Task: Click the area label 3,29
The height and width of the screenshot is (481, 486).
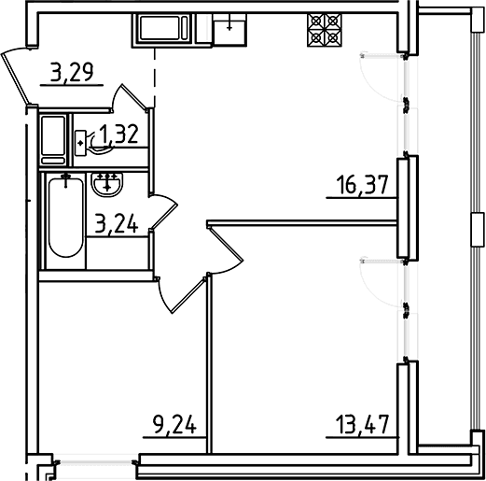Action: click(x=72, y=72)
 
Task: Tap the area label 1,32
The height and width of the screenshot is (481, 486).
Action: click(x=118, y=134)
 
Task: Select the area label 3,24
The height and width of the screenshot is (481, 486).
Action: click(x=117, y=223)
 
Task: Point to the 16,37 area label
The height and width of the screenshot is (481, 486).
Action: click(x=363, y=185)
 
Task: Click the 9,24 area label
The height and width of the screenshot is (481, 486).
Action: click(x=174, y=425)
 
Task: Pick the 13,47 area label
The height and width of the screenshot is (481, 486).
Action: click(x=363, y=425)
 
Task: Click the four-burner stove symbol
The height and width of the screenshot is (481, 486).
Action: click(x=324, y=30)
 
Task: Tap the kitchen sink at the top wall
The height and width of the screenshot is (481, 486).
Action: click(x=230, y=30)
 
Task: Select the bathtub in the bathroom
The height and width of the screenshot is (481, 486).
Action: click(x=65, y=216)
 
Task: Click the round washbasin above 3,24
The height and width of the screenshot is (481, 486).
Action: click(x=107, y=185)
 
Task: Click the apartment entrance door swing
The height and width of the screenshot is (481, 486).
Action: click(x=16, y=76)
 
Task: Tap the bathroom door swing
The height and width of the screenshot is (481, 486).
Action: click(x=163, y=212)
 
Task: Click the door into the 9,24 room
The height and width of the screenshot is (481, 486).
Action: click(x=182, y=294)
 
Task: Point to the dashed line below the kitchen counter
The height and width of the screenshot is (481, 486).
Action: click(x=155, y=78)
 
